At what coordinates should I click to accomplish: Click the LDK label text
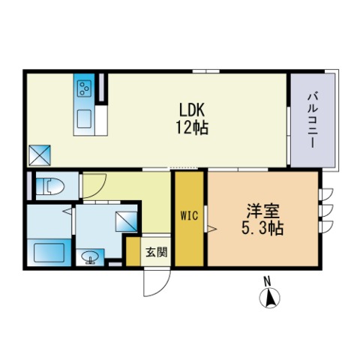(x=192, y=109)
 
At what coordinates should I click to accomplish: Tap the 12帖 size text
(x=192, y=127)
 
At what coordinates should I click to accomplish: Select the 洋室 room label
(x=262, y=211)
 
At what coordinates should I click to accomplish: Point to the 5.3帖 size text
(x=262, y=228)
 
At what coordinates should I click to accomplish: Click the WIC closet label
(x=189, y=215)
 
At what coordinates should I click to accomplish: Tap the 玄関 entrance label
(x=157, y=252)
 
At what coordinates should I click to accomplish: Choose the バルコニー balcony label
(x=313, y=120)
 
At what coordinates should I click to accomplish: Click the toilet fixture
(x=50, y=186)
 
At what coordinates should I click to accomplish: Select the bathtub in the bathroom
(x=49, y=253)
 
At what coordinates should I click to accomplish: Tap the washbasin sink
(x=90, y=257)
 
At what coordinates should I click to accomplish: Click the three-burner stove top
(x=84, y=88)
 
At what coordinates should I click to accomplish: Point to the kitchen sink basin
(x=84, y=119)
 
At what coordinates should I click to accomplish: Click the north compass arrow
(x=270, y=298)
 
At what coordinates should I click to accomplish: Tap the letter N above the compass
(x=268, y=281)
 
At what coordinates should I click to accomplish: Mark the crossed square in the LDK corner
(x=40, y=155)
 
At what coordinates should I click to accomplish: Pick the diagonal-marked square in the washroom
(x=126, y=221)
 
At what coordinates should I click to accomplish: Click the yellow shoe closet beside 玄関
(x=133, y=251)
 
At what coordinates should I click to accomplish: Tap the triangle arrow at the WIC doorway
(x=211, y=228)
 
